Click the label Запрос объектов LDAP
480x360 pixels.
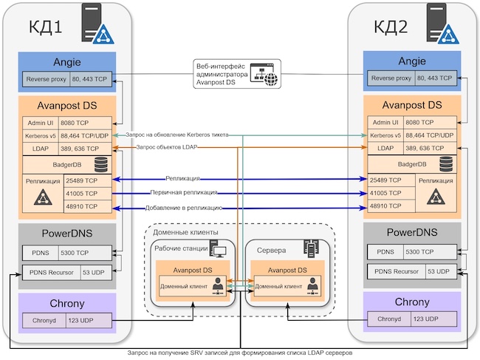(168, 148)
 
